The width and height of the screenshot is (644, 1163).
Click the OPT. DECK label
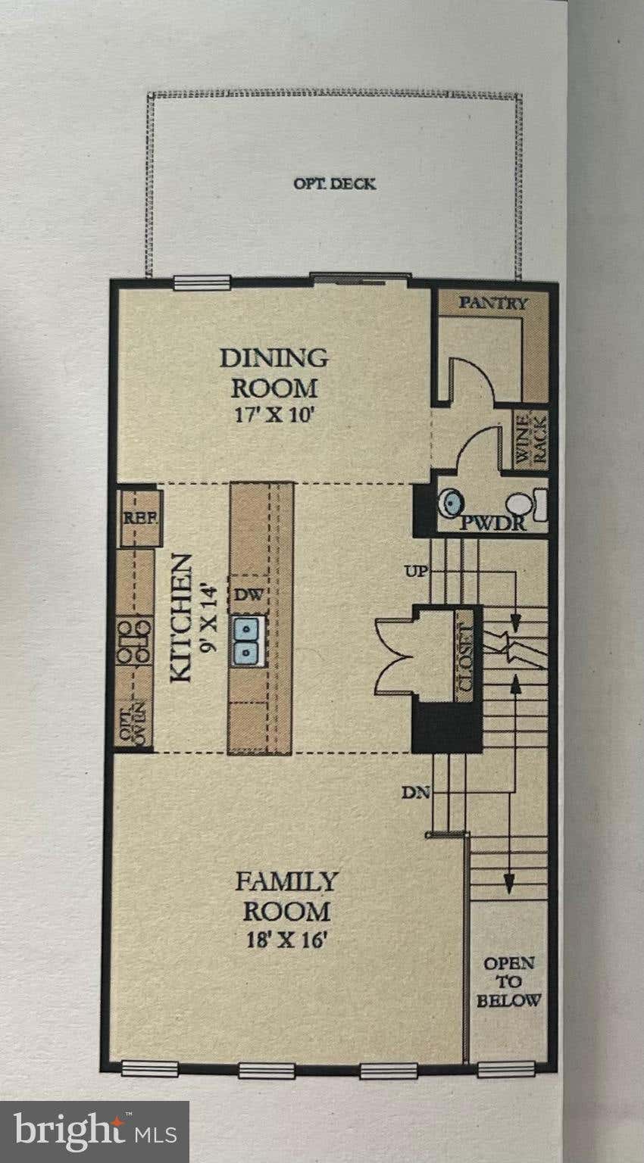click(x=334, y=184)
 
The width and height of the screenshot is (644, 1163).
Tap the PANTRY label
click(x=493, y=303)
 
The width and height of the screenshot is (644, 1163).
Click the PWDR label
click(x=493, y=523)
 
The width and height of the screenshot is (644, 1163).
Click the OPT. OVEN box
click(x=133, y=721)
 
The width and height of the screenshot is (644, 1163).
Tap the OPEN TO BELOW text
click(x=509, y=982)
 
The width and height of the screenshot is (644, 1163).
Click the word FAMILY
click(x=286, y=881)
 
